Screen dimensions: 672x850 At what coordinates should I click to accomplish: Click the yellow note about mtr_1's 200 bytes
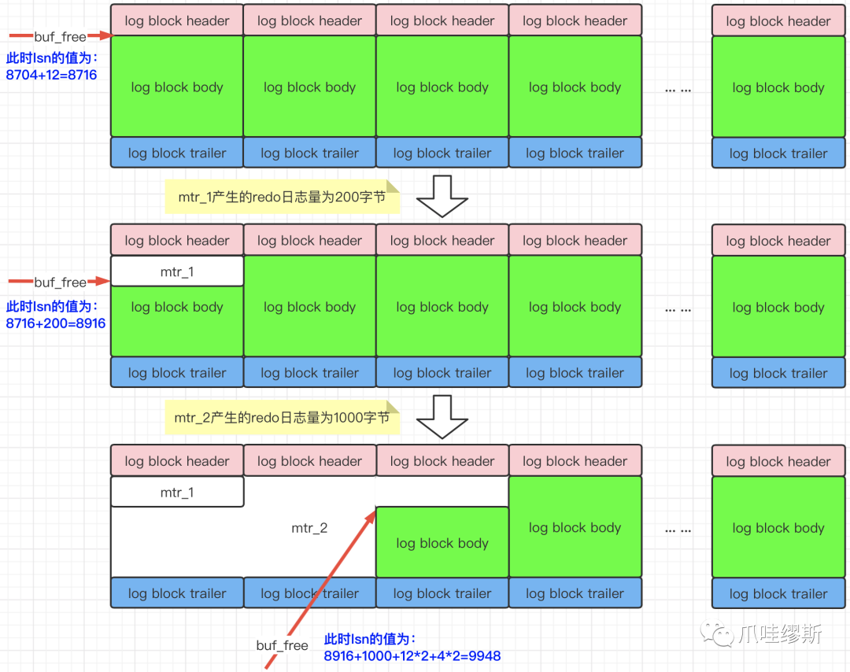tap(282, 197)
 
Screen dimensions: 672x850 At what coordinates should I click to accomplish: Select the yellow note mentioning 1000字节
tap(282, 417)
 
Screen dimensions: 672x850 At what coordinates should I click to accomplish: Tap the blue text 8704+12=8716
tap(51, 75)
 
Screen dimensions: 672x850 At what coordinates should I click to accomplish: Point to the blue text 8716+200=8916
tap(56, 323)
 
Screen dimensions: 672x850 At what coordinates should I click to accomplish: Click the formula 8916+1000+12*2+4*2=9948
tap(412, 655)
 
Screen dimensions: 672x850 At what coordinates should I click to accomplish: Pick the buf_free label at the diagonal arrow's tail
tap(283, 645)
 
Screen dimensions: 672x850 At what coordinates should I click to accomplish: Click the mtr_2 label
tap(309, 528)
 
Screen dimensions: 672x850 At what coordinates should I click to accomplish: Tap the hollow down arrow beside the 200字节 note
tap(442, 196)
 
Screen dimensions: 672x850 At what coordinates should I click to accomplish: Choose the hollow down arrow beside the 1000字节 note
tap(442, 416)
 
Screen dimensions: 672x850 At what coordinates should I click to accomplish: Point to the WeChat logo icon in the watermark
tap(720, 633)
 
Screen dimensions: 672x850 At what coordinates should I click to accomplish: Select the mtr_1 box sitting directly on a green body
tap(177, 271)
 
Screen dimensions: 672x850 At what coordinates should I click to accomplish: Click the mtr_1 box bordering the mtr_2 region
tap(177, 493)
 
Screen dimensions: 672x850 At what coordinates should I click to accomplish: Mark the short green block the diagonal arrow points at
tap(442, 542)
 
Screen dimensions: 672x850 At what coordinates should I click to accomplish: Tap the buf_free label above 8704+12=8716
tap(60, 36)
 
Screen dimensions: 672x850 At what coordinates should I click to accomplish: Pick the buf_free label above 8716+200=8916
tap(60, 282)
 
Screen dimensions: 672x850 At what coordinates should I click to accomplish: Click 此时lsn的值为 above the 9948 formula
tap(370, 639)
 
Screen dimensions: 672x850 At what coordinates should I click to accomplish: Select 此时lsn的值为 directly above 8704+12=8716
tap(51, 58)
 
